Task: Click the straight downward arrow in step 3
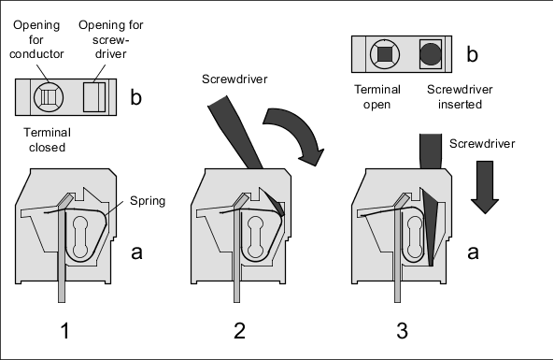pyautogui.click(x=485, y=187)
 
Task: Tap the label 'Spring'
pyautogui.click(x=148, y=201)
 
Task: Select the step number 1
pyautogui.click(x=65, y=331)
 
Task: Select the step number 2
pyautogui.click(x=239, y=331)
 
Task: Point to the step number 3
pyautogui.click(x=402, y=331)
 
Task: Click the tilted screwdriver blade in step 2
pyautogui.click(x=234, y=132)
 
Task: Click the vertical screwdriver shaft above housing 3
pyautogui.click(x=431, y=151)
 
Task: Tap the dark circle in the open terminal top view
pyautogui.click(x=431, y=54)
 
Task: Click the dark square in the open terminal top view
pyautogui.click(x=385, y=54)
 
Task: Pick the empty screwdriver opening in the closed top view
pyautogui.click(x=94, y=97)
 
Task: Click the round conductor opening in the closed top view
pyautogui.click(x=49, y=97)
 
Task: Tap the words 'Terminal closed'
pyautogui.click(x=47, y=139)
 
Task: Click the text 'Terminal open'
pyautogui.click(x=377, y=97)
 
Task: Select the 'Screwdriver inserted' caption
pyautogui.click(x=460, y=97)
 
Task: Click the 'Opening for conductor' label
pyautogui.click(x=36, y=39)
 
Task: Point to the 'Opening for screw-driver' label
pyautogui.click(x=111, y=39)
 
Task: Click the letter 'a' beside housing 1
pyautogui.click(x=136, y=252)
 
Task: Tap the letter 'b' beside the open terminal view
pyautogui.click(x=473, y=54)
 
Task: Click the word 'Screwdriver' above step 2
pyautogui.click(x=234, y=79)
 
